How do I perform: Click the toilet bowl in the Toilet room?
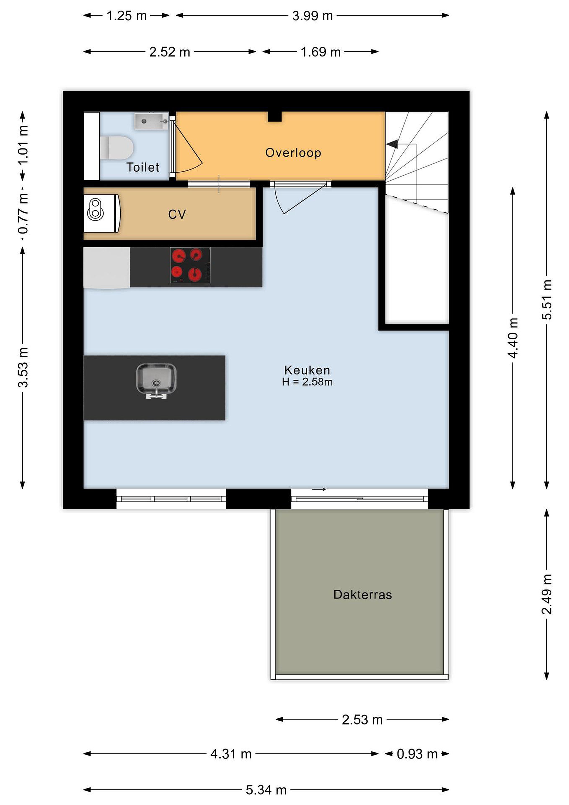[117, 148]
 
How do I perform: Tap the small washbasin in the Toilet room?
[151, 121]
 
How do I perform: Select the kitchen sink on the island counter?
[156, 381]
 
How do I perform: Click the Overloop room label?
[293, 153]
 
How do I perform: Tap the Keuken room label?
[307, 370]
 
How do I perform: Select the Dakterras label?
[363, 594]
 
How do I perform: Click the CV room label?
[177, 214]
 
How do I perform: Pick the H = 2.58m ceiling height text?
[307, 382]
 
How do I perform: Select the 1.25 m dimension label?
[127, 16]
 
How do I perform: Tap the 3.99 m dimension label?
[313, 16]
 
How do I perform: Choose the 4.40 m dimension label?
[513, 338]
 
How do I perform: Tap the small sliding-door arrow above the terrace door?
[319, 489]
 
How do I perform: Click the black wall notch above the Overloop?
[275, 117]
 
